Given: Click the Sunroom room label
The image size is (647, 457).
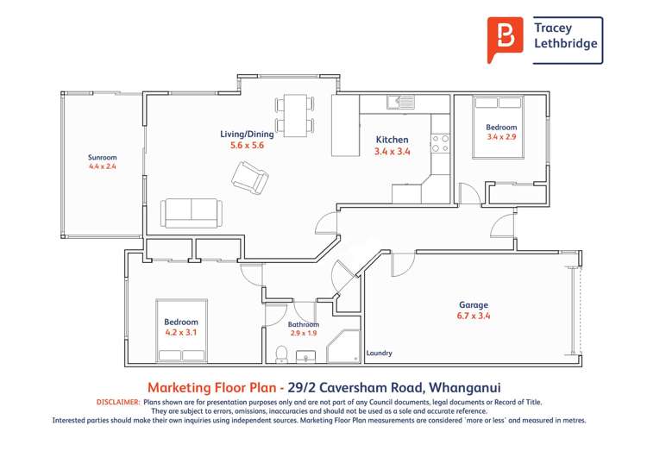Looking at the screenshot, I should point(102,158).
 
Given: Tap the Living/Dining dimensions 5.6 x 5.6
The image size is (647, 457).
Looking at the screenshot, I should point(246,146).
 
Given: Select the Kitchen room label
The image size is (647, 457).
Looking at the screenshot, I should point(392,140).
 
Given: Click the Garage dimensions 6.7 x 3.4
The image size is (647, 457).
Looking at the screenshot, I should point(473,316).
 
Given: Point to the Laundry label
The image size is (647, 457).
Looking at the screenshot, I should point(380,353).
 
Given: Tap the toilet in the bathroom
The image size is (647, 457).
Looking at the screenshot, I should point(281,354).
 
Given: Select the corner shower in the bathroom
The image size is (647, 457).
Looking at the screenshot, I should point(344,347).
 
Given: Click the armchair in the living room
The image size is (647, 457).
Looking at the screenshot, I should point(250,178).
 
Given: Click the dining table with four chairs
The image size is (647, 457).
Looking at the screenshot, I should point(295,116).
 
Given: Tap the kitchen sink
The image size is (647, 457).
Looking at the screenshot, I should point(404,102).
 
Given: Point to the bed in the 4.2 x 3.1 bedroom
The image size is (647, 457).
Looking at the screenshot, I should point(181,330).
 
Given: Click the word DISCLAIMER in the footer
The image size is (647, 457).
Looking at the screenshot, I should point(115,402).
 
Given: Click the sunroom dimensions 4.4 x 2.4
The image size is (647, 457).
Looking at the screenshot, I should point(102,166).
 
